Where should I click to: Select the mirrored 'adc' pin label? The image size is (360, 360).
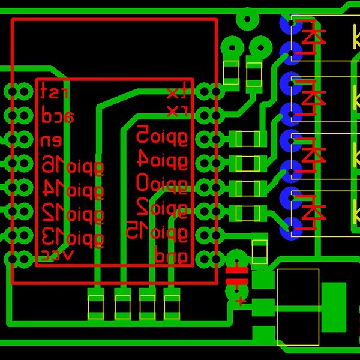click(57, 116)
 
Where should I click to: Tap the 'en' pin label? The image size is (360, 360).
click(51, 142)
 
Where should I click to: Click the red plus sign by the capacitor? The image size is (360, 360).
click(241, 301)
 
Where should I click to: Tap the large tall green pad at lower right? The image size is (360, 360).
click(334, 307)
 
